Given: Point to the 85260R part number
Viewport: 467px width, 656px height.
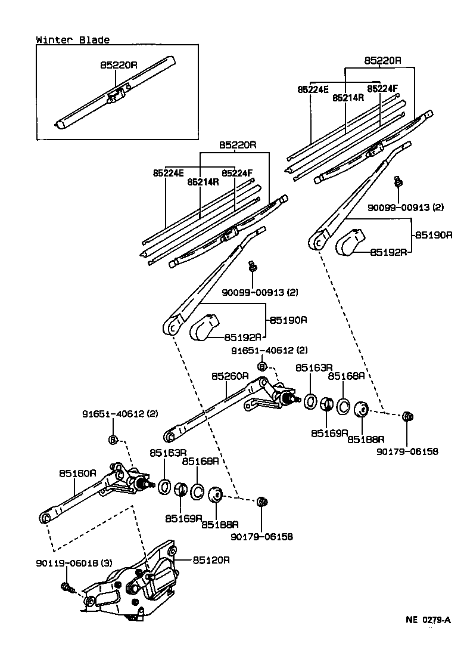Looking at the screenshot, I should coord(229,376).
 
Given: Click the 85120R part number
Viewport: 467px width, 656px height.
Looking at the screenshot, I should coord(211,561).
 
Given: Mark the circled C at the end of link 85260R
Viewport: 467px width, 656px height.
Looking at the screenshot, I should coord(170,437).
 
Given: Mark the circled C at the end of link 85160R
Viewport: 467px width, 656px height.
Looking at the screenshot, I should coord(44,518).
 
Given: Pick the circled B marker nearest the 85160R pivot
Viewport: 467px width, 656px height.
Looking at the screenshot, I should coord(113,440).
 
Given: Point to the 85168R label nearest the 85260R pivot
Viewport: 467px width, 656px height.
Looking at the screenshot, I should coord(347,376).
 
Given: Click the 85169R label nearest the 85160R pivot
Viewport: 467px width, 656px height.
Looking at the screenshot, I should coord(183,518).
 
